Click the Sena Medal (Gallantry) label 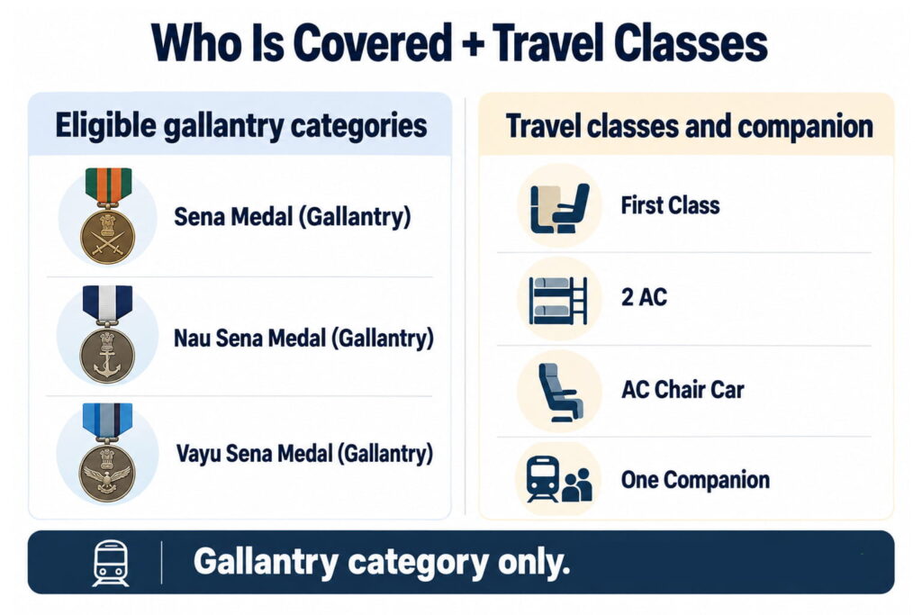coord(293,217)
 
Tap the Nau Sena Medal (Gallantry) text coord(303,339)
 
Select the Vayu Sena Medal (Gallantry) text coord(304,454)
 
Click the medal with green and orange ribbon coord(108,215)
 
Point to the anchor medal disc coord(108,357)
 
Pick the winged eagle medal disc coord(108,473)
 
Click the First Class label coord(670,206)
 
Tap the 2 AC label coord(644,297)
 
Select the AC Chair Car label coord(682,389)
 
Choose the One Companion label coord(695,480)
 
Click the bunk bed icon coord(558,301)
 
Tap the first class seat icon coord(559,207)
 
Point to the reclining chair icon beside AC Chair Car coord(560,393)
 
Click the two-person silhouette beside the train coord(577,485)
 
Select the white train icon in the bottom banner coord(111,564)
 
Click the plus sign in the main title coord(472,45)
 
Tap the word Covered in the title coord(372,43)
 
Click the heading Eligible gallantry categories coord(241,126)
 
